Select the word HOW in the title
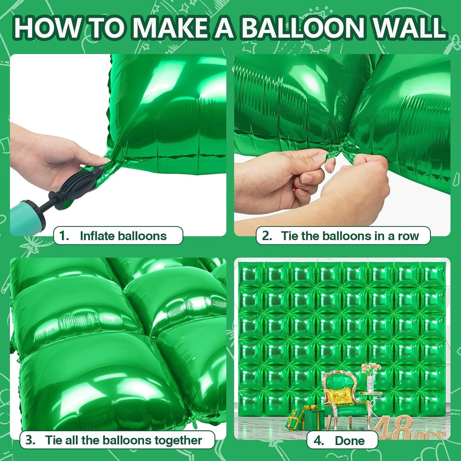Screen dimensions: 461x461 coord(47,28)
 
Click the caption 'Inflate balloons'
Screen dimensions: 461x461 coord(123,236)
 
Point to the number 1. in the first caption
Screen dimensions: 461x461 coord(64,236)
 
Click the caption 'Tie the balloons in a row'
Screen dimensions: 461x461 coord(350,236)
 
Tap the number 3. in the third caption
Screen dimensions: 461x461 coord(30,440)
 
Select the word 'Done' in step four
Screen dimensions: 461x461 coord(350,441)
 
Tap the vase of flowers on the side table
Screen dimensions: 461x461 coord(370,378)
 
